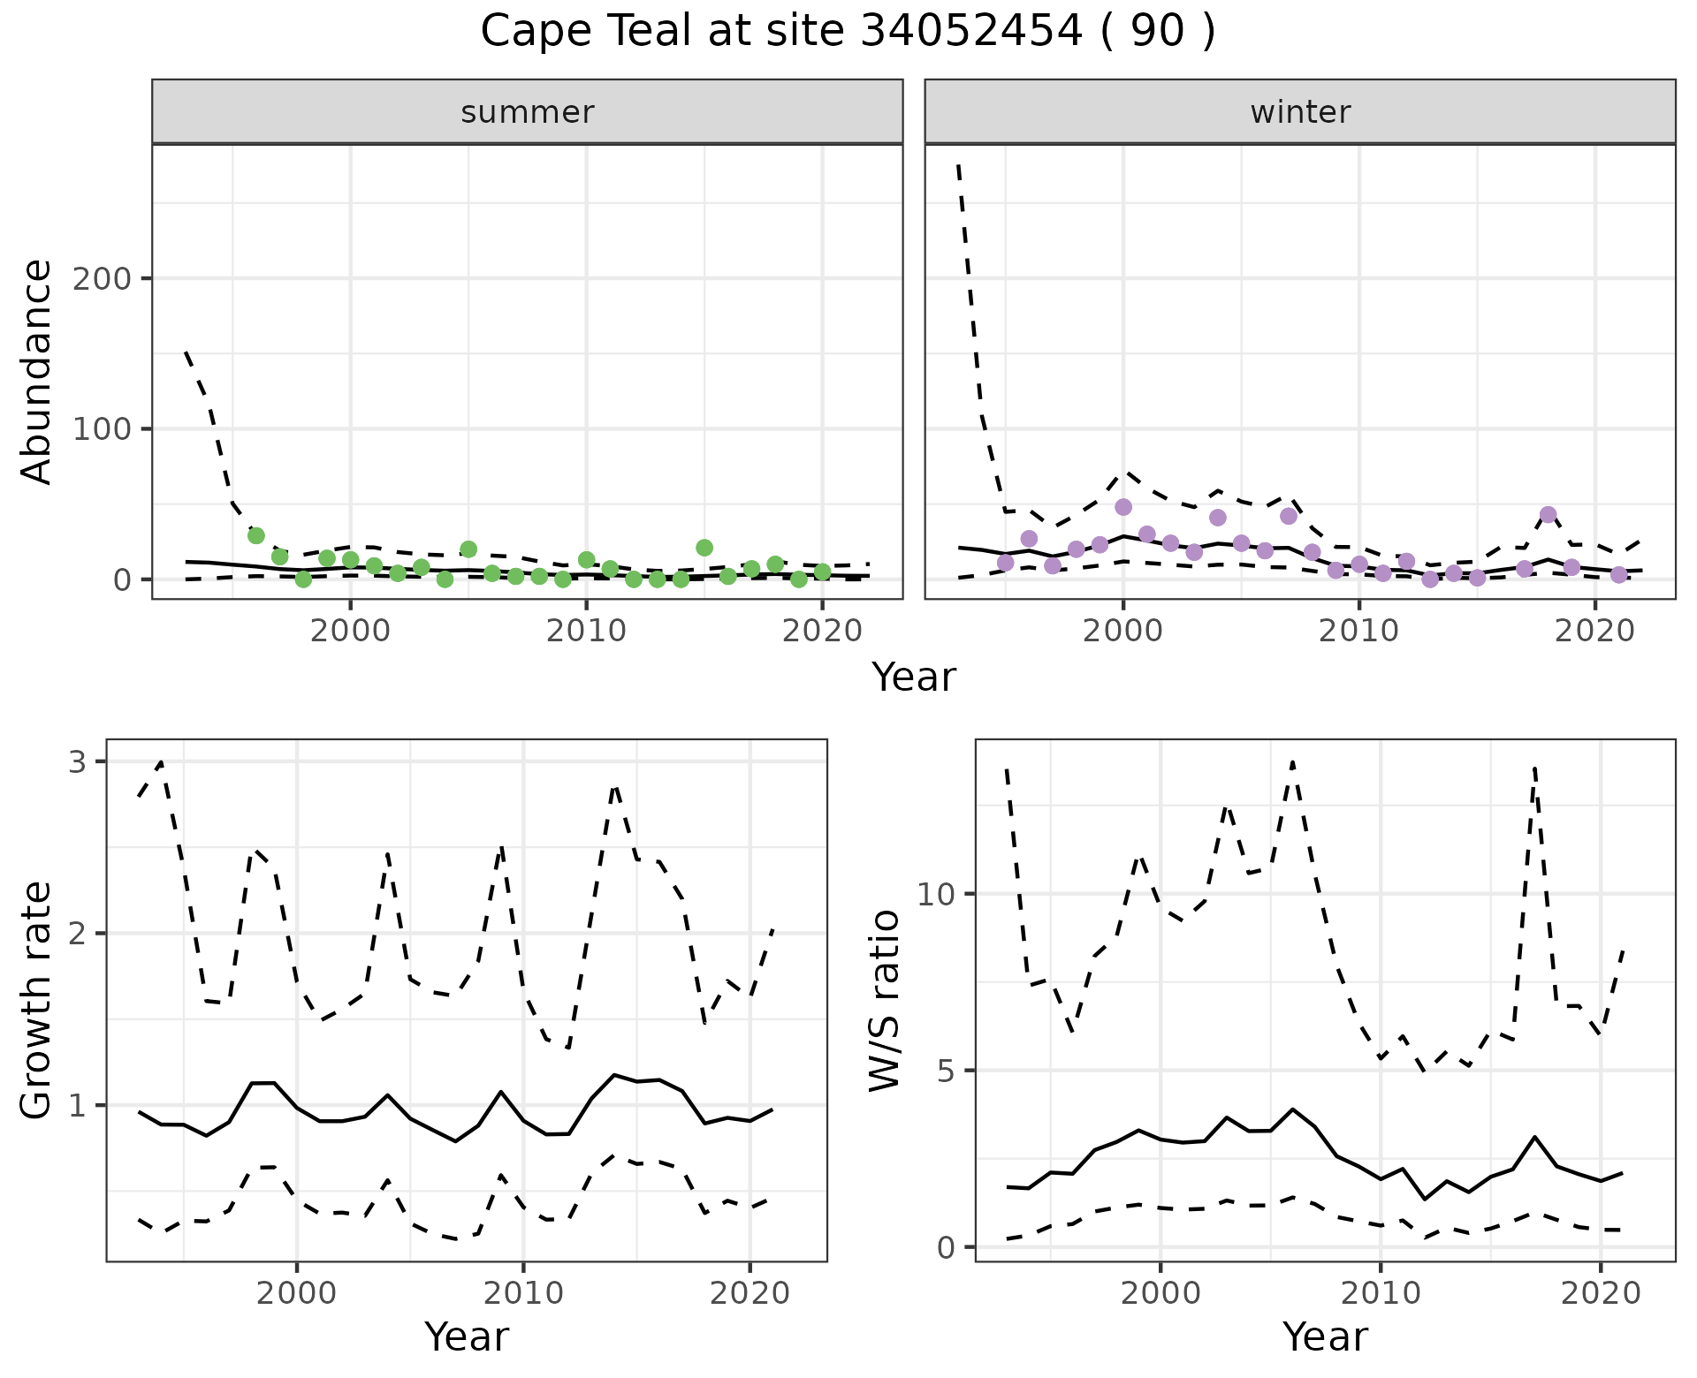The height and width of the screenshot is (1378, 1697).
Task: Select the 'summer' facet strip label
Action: pyautogui.click(x=528, y=112)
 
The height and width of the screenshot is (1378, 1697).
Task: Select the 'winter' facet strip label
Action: pyautogui.click(x=1300, y=112)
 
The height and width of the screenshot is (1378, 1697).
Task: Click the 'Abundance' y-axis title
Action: pyautogui.click(x=37, y=372)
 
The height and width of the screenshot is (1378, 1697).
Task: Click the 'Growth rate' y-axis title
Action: pyautogui.click(x=37, y=1000)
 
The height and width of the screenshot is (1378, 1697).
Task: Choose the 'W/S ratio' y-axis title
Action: pyautogui.click(x=884, y=1000)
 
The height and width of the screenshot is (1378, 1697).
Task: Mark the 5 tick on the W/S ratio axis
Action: pyautogui.click(x=946, y=1071)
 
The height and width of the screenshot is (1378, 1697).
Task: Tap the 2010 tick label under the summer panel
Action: pyautogui.click(x=586, y=632)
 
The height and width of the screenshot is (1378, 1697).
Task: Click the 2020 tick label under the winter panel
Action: pyautogui.click(x=1595, y=632)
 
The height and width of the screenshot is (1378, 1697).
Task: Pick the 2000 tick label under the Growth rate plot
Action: pyautogui.click(x=297, y=1294)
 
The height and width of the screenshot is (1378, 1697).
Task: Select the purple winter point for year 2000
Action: pyautogui.click(x=1123, y=507)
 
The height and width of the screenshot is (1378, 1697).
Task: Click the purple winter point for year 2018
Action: pyautogui.click(x=1548, y=515)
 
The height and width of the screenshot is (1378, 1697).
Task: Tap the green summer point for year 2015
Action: pyautogui.click(x=704, y=548)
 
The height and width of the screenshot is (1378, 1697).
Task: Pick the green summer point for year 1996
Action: pyautogui.click(x=256, y=535)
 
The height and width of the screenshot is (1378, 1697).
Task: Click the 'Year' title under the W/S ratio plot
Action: pyautogui.click(x=1325, y=1337)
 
